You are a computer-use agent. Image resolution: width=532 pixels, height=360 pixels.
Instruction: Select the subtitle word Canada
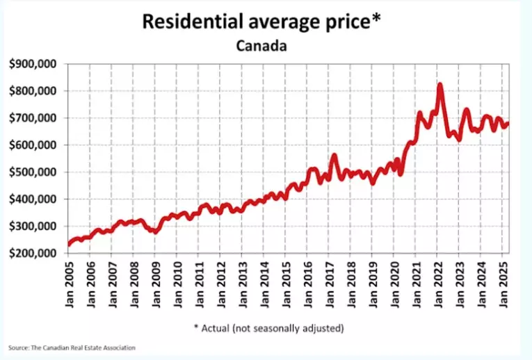[260, 46]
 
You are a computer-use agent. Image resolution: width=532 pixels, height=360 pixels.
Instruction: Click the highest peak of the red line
[440, 85]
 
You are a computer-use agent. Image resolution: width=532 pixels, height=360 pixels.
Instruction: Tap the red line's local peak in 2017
[334, 156]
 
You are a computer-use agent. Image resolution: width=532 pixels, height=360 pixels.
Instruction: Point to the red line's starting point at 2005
[69, 244]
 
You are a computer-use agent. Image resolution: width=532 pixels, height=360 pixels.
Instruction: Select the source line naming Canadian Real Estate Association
[72, 347]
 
